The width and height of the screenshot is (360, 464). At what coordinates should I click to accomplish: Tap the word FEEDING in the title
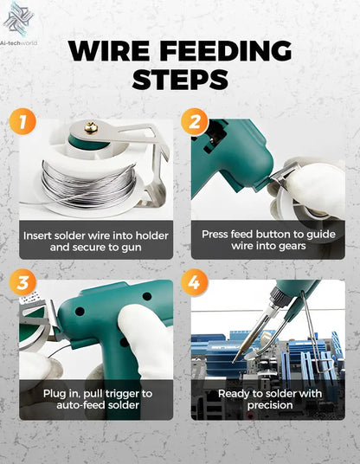click(x=233, y=50)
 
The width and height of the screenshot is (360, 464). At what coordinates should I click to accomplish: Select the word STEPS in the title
click(x=180, y=80)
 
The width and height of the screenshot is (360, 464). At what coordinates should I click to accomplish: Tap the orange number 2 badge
click(x=196, y=121)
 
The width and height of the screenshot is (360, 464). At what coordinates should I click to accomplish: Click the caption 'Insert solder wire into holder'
click(x=94, y=235)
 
